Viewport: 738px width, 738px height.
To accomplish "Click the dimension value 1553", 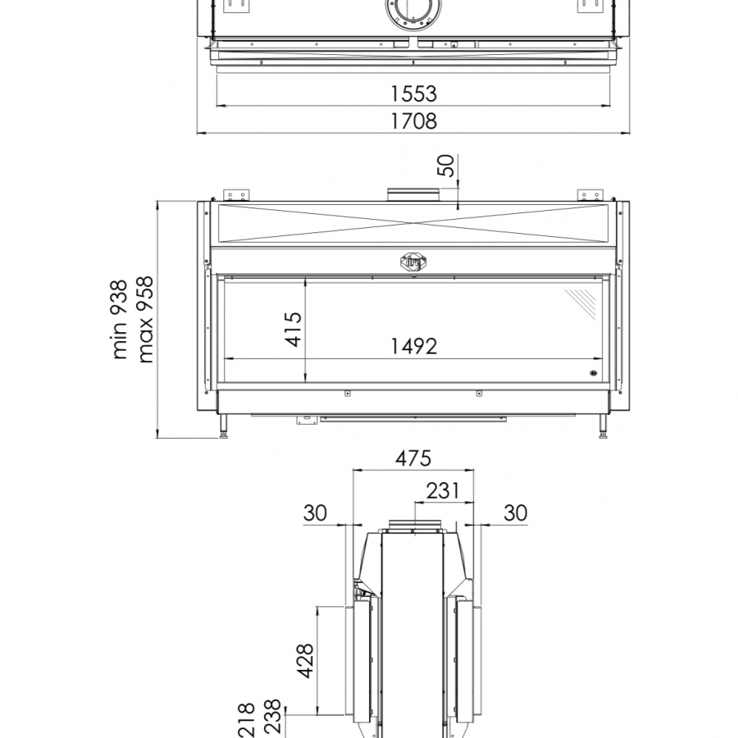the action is click(414, 93).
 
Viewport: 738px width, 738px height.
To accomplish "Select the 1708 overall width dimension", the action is click(414, 121).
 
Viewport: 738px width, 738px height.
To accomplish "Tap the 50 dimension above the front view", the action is click(447, 166).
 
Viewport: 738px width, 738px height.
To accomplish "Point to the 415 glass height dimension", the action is click(294, 329).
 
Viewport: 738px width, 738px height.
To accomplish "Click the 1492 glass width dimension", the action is click(414, 346).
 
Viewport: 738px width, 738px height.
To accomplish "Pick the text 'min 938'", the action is click(119, 320).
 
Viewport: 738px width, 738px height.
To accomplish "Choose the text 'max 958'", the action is click(145, 320).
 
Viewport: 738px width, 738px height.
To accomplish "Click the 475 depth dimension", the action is click(412, 458).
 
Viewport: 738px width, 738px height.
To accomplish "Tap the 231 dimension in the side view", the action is click(443, 491).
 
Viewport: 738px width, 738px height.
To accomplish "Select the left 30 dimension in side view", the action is click(315, 512).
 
